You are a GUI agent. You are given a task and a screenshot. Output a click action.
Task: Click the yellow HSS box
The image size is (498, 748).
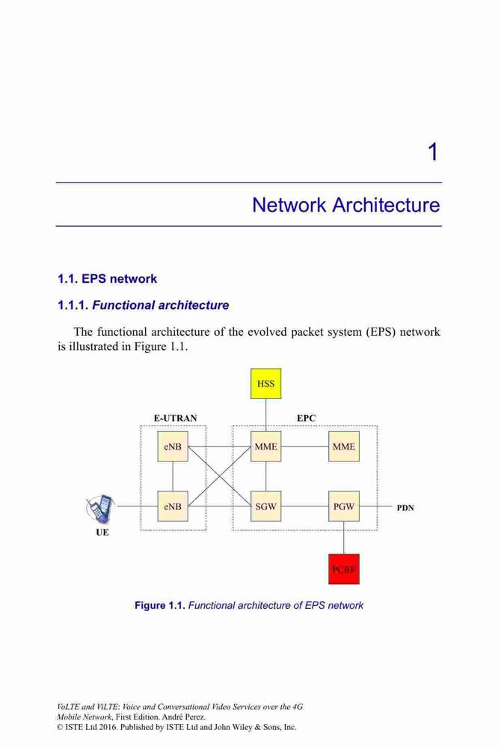265,383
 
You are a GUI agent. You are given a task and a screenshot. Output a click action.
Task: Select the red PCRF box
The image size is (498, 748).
343,568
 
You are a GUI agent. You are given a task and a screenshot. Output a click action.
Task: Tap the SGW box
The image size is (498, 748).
265,506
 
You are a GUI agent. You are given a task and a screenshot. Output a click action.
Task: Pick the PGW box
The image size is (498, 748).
343,506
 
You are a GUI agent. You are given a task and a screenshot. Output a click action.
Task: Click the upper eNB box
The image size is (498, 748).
173,447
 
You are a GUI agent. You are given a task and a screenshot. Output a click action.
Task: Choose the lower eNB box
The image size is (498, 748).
173,506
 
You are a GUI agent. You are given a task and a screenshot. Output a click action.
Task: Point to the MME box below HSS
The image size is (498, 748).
265,447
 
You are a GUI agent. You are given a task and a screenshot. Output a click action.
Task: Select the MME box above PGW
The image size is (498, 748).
343,447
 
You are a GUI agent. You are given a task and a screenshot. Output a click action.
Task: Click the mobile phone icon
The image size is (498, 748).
101,509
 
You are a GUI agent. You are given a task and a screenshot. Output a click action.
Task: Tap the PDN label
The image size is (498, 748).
405,508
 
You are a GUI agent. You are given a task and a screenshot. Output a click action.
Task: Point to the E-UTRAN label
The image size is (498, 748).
175,418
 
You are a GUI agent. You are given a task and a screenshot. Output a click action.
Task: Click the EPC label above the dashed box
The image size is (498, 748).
307,418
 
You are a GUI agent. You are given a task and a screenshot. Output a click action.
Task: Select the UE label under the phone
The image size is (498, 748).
102,533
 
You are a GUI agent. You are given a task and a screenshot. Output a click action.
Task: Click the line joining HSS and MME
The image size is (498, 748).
265,415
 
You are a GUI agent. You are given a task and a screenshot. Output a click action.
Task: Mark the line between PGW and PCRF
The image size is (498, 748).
344,538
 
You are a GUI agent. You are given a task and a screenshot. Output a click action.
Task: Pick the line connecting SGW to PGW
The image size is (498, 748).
305,506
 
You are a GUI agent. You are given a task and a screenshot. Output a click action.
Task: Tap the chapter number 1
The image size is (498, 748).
433,152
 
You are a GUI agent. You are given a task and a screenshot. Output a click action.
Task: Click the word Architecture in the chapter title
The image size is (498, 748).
386,205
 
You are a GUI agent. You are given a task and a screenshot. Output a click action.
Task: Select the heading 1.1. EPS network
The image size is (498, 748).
108,278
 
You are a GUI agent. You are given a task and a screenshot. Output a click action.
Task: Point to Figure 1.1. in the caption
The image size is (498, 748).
160,605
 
